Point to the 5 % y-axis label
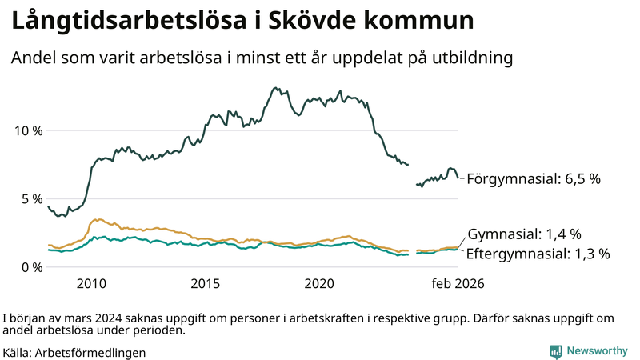(x=30, y=198)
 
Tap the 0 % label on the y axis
(x=30, y=266)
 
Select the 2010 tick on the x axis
(x=91, y=283)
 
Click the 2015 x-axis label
(x=206, y=283)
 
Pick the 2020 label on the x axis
(x=320, y=283)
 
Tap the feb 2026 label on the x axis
(x=458, y=283)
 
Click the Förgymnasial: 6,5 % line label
(x=534, y=179)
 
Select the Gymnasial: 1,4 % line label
(x=524, y=234)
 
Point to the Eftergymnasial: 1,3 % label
(x=538, y=254)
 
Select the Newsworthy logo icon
(x=554, y=351)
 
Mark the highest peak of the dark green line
(x=276, y=88)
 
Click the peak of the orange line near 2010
(x=98, y=219)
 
